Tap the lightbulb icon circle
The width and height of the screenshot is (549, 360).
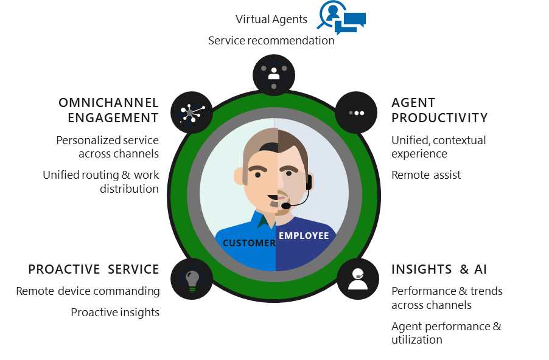pyautogui.click(x=192, y=279)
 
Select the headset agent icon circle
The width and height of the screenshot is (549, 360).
pyautogui.click(x=357, y=279)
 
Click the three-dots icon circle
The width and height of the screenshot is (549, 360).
pyautogui.click(x=356, y=112)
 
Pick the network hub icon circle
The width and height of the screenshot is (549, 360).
pyautogui.click(x=192, y=112)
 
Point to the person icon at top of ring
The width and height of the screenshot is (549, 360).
pyautogui.click(x=274, y=75)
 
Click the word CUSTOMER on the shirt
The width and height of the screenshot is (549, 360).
pyautogui.click(x=249, y=243)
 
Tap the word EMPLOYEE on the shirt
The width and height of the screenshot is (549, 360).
pyautogui.click(x=303, y=236)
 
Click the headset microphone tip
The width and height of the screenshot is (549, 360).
pyautogui.click(x=285, y=206)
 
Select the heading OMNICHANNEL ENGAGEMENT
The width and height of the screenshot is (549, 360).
pyautogui.click(x=108, y=110)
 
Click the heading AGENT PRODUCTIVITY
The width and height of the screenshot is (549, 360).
pyautogui.click(x=439, y=110)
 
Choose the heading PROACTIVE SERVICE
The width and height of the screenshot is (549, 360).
pyautogui.click(x=94, y=269)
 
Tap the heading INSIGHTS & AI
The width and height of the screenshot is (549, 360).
pyautogui.click(x=439, y=269)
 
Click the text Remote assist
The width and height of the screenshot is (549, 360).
pyautogui.click(x=426, y=175)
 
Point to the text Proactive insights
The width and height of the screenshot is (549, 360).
pyautogui.click(x=115, y=313)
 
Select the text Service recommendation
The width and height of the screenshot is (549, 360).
pyautogui.click(x=271, y=41)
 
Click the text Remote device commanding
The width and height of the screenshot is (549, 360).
pyautogui.click(x=88, y=291)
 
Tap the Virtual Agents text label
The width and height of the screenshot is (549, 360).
pyautogui.click(x=271, y=19)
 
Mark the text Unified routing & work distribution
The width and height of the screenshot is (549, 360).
pyautogui.click(x=101, y=182)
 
